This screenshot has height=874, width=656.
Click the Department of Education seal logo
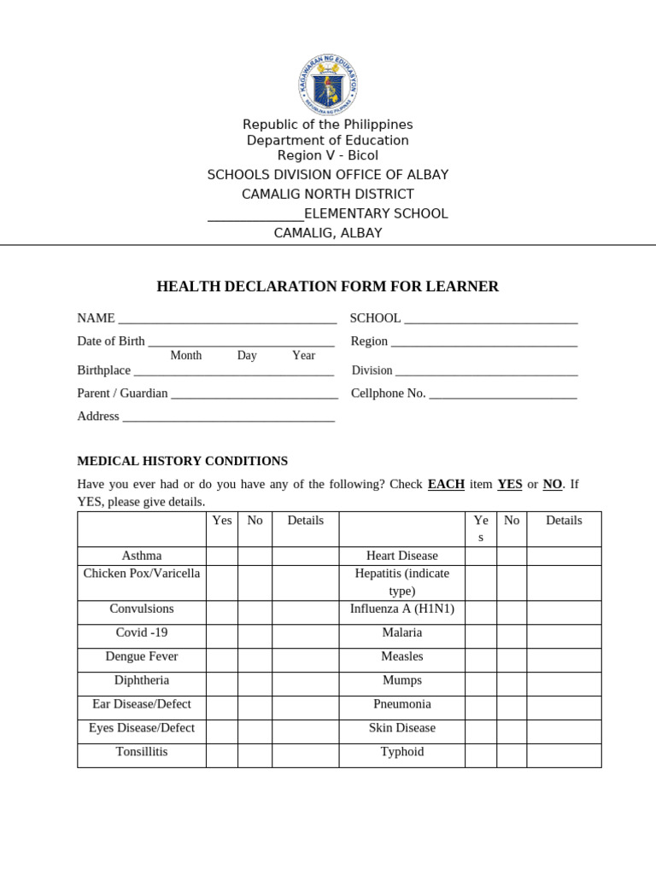pyautogui.click(x=328, y=84)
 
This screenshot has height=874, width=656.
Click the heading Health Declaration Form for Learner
pyautogui.click(x=327, y=287)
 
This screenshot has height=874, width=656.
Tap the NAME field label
pyautogui.click(x=96, y=318)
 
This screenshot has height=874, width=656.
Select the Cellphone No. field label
pyautogui.click(x=388, y=393)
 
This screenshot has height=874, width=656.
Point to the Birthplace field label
pyautogui.click(x=103, y=370)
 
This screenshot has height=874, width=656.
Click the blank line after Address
pyautogui.click(x=228, y=417)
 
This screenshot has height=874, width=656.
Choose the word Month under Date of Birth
pyautogui.click(x=185, y=356)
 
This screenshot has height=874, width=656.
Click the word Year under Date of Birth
pyautogui.click(x=303, y=356)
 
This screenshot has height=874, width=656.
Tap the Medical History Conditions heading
pyautogui.click(x=182, y=461)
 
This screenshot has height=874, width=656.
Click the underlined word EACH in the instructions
pyautogui.click(x=446, y=484)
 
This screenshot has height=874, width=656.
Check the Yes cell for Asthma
pyautogui.click(x=221, y=556)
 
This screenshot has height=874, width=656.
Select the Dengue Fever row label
pyautogui.click(x=142, y=656)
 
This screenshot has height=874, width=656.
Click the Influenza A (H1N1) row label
pyautogui.click(x=401, y=609)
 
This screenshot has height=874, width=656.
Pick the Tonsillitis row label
pyautogui.click(x=142, y=752)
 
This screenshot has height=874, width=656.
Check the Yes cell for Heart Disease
pyautogui.click(x=480, y=556)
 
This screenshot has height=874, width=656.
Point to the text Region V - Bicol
pyautogui.click(x=328, y=155)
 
